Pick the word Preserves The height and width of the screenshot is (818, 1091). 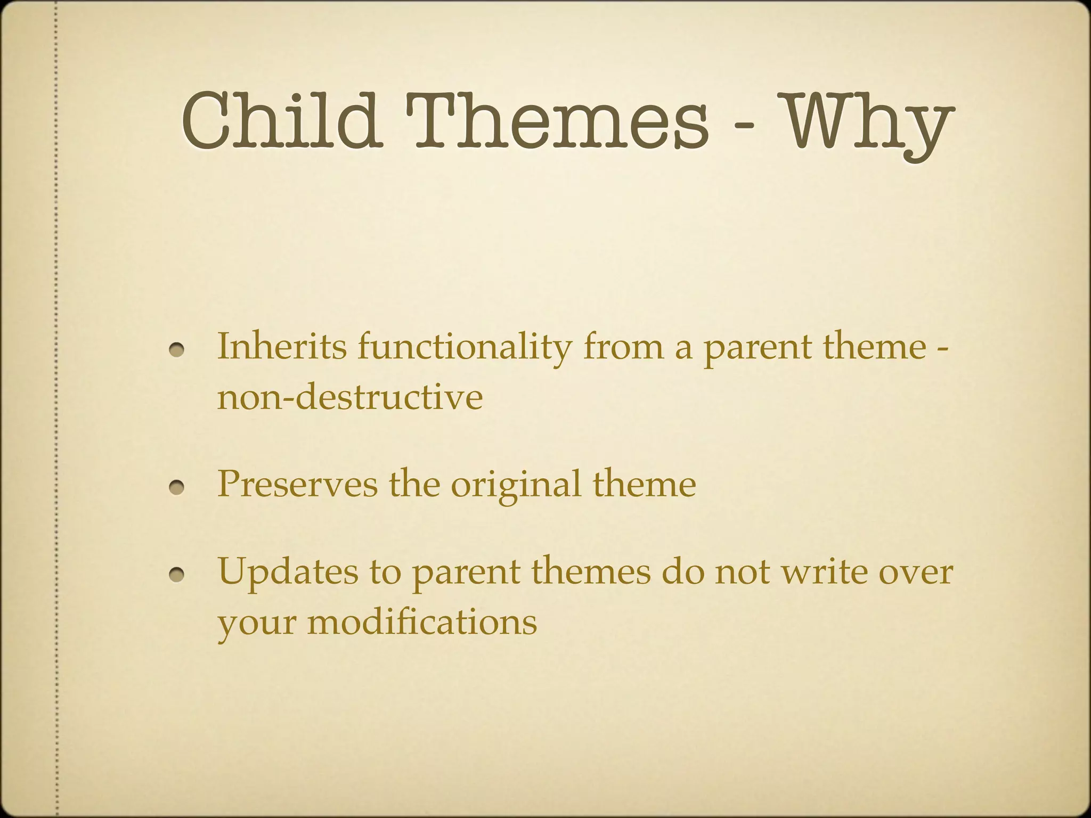(297, 485)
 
